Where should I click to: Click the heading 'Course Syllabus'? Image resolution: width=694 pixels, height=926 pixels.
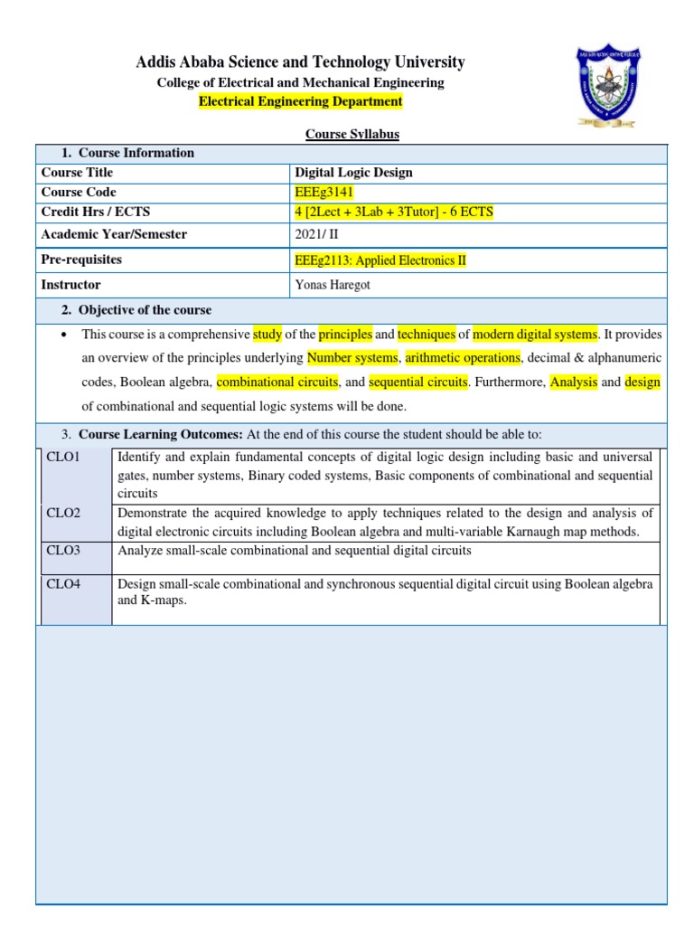coord(352,134)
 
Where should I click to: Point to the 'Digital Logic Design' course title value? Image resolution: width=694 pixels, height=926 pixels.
coord(353,172)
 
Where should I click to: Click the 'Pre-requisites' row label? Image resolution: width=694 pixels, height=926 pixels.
coord(81,260)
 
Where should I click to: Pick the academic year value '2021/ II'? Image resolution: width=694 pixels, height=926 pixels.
coord(316,234)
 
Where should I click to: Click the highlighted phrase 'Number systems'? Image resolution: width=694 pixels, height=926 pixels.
coord(352,357)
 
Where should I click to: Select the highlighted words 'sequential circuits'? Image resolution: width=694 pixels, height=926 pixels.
coord(417,383)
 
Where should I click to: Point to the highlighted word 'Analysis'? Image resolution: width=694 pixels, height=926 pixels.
coord(574,383)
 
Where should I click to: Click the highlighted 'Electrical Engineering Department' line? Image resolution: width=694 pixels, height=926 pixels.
coord(301,101)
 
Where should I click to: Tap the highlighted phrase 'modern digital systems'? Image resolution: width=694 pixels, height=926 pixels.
coord(535,334)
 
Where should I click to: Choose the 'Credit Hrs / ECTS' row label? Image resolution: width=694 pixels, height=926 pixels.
coord(96,212)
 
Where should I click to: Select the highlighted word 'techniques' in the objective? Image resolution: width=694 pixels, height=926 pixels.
coord(427,334)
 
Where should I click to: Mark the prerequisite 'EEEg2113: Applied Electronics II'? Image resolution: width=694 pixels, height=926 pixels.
coord(381,260)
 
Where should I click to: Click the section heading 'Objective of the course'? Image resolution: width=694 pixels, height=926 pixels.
coord(145,310)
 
